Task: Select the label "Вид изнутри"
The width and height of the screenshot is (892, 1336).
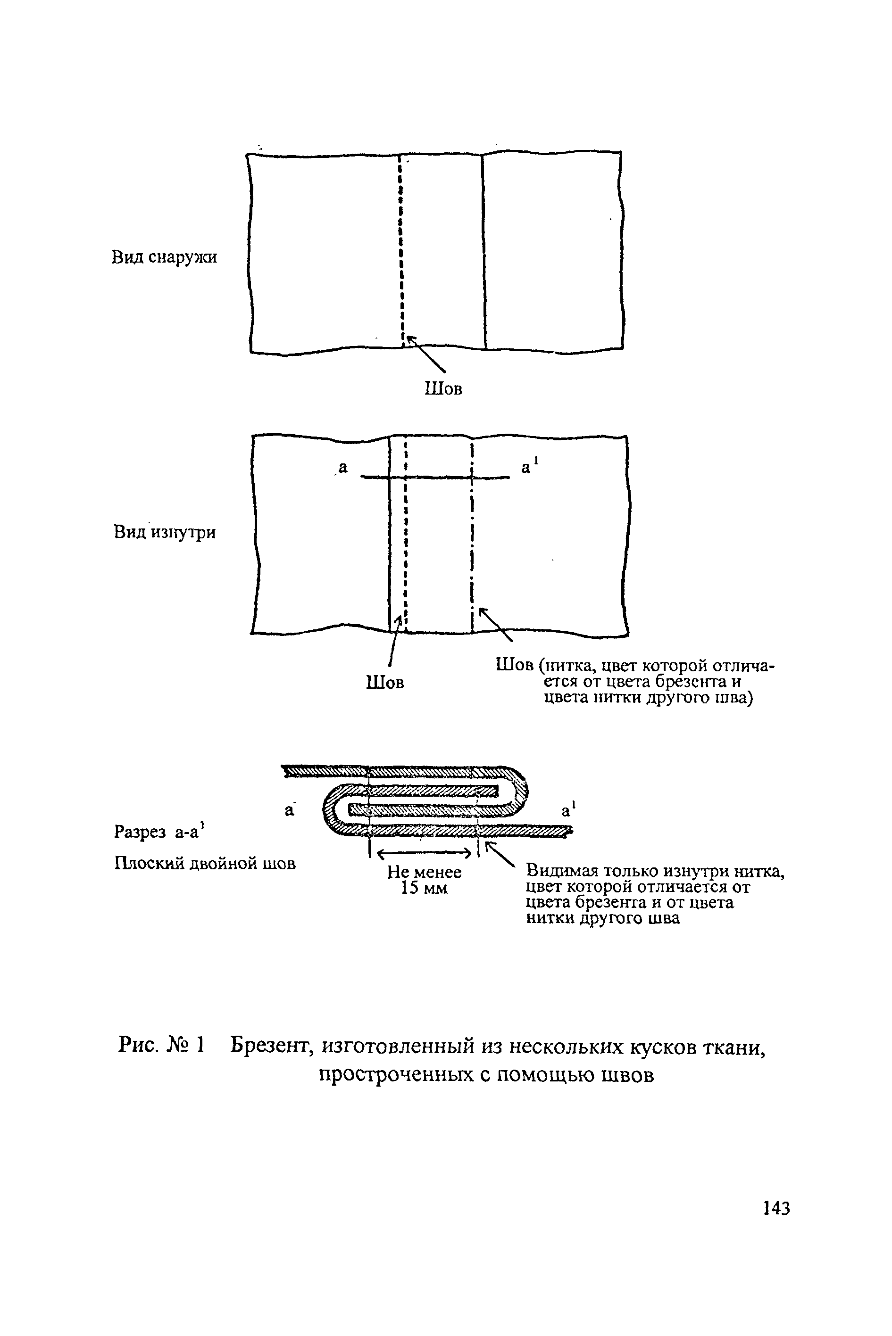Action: [x=165, y=533]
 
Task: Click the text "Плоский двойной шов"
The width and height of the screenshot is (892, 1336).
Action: [x=205, y=864]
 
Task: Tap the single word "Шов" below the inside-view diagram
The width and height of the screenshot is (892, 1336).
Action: [x=385, y=682]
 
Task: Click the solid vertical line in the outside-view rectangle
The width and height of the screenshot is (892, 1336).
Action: [x=484, y=250]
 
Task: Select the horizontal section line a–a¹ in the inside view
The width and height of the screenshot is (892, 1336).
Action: [x=435, y=478]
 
